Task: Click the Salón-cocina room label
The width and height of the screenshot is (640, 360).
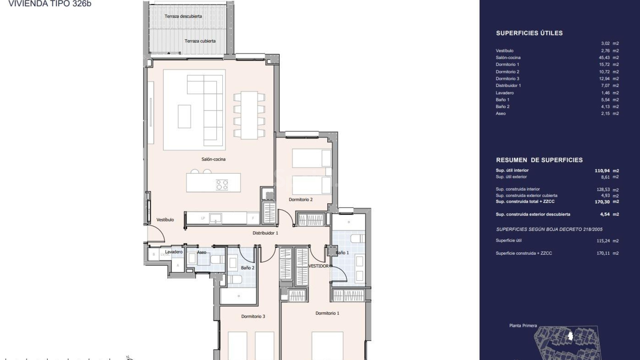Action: [x=213, y=159]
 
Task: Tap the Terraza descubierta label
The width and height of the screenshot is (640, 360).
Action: [x=183, y=16]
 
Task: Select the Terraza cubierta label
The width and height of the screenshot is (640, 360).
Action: [x=200, y=41]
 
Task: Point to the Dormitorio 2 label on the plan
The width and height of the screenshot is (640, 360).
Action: [x=301, y=200]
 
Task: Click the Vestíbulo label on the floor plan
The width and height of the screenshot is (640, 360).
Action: [x=165, y=220]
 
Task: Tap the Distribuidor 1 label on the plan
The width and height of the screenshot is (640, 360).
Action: [x=265, y=233]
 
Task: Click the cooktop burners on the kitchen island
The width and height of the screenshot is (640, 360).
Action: [x=222, y=185]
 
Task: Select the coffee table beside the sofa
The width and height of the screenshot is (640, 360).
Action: [x=184, y=116]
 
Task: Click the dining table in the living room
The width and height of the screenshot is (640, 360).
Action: [x=249, y=115]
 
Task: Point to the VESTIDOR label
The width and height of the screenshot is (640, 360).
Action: [x=318, y=266]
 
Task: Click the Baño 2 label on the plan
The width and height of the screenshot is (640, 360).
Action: [x=248, y=268]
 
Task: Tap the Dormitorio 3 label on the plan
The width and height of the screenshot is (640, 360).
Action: [x=253, y=316]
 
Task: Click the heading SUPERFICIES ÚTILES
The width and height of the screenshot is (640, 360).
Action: [x=529, y=33]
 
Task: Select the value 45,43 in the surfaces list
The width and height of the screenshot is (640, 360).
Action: [x=604, y=58]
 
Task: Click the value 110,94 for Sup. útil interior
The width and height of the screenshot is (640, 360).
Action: [x=602, y=171]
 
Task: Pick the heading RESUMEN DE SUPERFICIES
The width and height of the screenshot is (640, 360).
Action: [x=539, y=160]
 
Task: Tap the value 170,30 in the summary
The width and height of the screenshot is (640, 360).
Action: [x=602, y=202]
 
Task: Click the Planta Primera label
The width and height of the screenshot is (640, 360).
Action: [x=523, y=326]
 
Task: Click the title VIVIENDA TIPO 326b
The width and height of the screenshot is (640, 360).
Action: [x=50, y=4]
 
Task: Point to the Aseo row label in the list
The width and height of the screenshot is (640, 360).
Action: [x=500, y=114]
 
